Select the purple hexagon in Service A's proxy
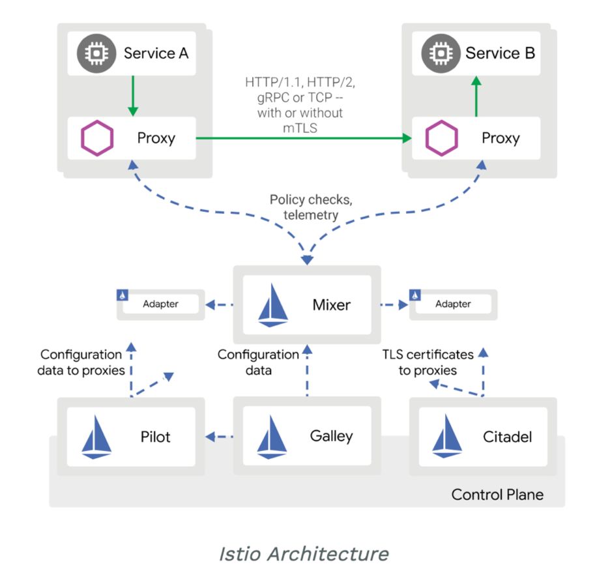pos(97,138)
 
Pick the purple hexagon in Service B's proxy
pos(442,138)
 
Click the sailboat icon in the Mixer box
pos(274,305)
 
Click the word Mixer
pos(332,304)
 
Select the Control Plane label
pos(497,494)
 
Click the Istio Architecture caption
pos(303,553)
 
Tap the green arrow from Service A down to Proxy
pos(132,95)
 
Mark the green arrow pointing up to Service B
pos(476,95)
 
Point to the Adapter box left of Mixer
pos(160,304)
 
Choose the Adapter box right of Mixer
pos(452,304)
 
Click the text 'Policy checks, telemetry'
pos(305,207)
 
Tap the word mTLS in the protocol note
pos(300,128)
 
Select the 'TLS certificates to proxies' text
pos(427,362)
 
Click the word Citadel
pos(508,436)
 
